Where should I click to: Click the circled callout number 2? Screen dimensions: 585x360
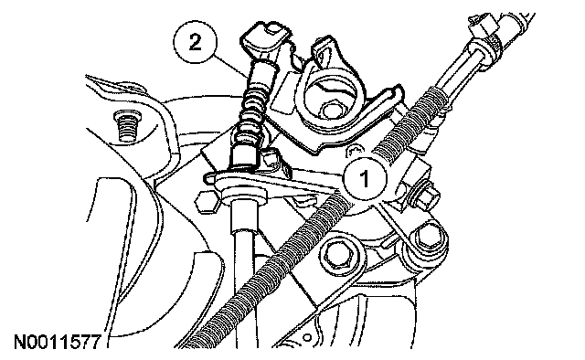[195, 42]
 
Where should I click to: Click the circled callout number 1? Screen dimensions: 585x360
[365, 178]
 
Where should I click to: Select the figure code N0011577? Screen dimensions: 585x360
[58, 342]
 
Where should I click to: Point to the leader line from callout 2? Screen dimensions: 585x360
[229, 66]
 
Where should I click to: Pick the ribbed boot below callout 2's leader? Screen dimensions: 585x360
[253, 111]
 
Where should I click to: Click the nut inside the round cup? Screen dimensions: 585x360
[331, 110]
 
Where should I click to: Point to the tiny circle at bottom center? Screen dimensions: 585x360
[307, 338]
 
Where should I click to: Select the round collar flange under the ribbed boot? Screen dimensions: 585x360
[245, 195]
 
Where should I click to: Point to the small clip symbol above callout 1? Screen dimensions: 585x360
[354, 151]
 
